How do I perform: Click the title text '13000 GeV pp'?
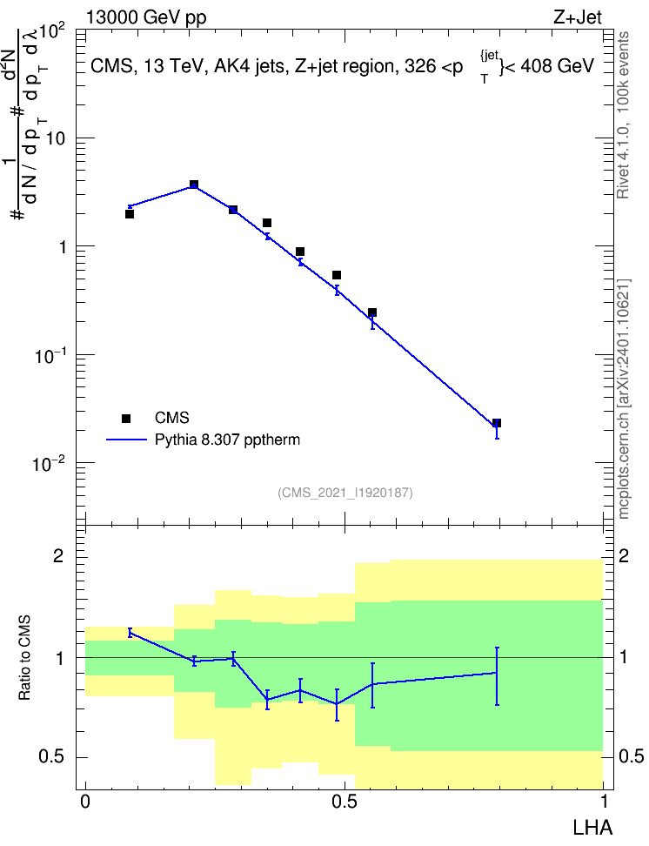pyautogui.click(x=146, y=17)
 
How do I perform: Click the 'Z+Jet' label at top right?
pyautogui.click(x=578, y=17)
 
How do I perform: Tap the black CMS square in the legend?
pyautogui.click(x=126, y=418)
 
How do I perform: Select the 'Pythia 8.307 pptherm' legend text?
pyautogui.click(x=227, y=440)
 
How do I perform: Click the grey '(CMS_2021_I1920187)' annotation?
pyautogui.click(x=345, y=493)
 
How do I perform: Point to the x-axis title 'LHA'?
pyautogui.click(x=592, y=827)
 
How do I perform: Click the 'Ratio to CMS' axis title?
pyautogui.click(x=24, y=658)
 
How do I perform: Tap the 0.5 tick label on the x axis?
pyautogui.click(x=345, y=802)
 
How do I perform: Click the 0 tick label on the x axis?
pyautogui.click(x=85, y=802)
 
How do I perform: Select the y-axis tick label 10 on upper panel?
pyautogui.click(x=55, y=138)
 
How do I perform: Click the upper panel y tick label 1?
pyautogui.click(x=63, y=247)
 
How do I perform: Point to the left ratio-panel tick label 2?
pyautogui.click(x=58, y=555)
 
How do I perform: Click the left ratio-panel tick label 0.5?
pyautogui.click(x=52, y=757)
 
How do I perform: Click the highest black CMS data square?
pyautogui.click(x=194, y=185)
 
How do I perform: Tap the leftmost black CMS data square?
pyautogui.click(x=130, y=214)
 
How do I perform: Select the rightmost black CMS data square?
pyautogui.click(x=497, y=423)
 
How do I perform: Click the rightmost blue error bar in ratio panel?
pyautogui.click(x=497, y=676)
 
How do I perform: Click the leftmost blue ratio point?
pyautogui.click(x=130, y=633)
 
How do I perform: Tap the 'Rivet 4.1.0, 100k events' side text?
pyautogui.click(x=623, y=115)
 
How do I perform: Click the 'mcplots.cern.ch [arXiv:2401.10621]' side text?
pyautogui.click(x=623, y=399)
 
